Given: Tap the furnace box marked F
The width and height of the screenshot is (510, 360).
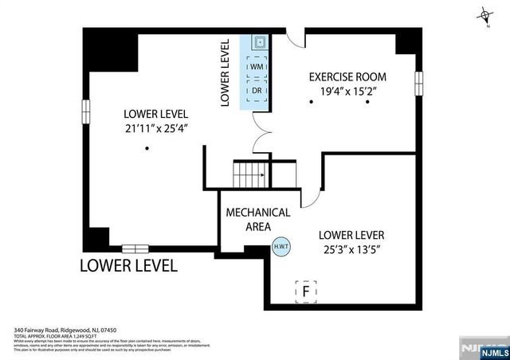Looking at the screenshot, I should tap(305, 292).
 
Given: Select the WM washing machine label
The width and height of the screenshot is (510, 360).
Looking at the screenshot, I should tap(257, 68).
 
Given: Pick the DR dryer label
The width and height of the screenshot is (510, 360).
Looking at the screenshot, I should tap(257, 91).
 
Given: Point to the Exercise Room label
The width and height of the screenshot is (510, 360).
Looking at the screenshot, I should tap(347, 77).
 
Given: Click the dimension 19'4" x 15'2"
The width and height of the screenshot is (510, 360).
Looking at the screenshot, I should tap(347, 91).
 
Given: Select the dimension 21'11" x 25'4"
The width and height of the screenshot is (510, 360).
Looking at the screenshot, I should tap(156, 127).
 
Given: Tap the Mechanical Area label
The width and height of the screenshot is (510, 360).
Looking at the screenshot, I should tap(257, 221).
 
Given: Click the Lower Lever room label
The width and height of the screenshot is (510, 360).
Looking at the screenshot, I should tap(351, 235).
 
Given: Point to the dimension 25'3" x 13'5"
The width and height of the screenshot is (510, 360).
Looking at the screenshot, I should tap(351, 249).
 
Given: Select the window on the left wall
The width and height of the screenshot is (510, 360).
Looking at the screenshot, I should tap(85, 112).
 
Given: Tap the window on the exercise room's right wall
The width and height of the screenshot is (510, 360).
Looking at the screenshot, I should tap(418, 83).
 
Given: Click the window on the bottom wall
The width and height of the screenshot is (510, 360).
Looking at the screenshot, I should tap(135, 248).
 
